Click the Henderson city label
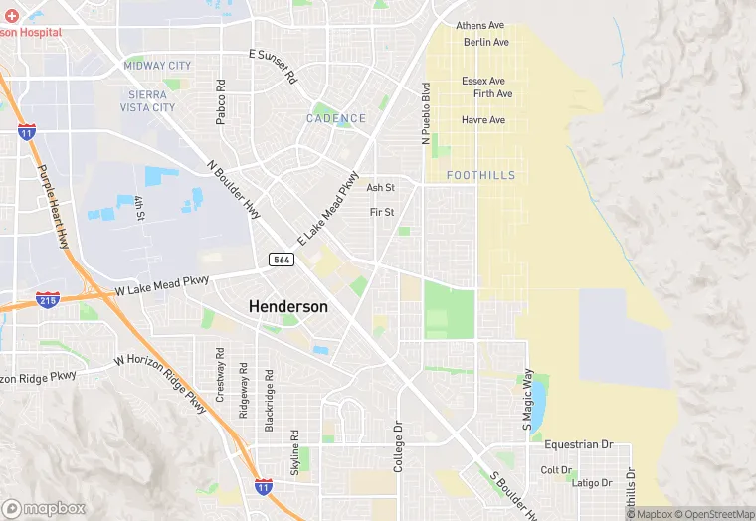coord(287,307)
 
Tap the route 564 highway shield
coord(280,260)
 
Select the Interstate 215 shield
coord(46,298)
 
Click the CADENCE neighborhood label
coord(336,118)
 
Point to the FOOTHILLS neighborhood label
coord(481,175)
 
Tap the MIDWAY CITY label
coord(157,66)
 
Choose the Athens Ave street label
coord(480,26)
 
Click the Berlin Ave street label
coord(486,43)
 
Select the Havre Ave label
coord(483,120)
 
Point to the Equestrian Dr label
coord(579,445)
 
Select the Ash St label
coord(381,187)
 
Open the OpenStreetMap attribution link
coord(715,514)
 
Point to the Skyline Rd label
coord(294,452)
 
